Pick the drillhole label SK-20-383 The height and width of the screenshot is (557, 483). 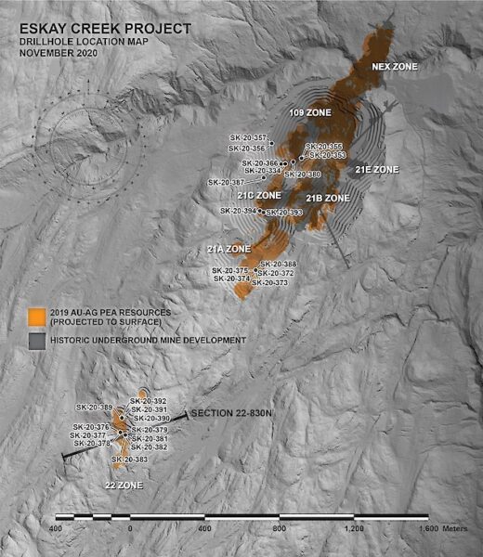(130, 460)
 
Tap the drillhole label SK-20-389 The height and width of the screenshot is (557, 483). (94, 408)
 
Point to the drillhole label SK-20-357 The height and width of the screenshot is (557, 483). (246, 137)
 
